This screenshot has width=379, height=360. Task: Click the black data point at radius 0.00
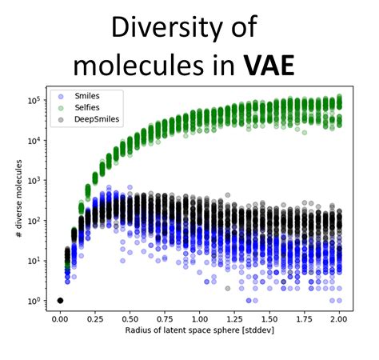(x=60, y=301)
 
